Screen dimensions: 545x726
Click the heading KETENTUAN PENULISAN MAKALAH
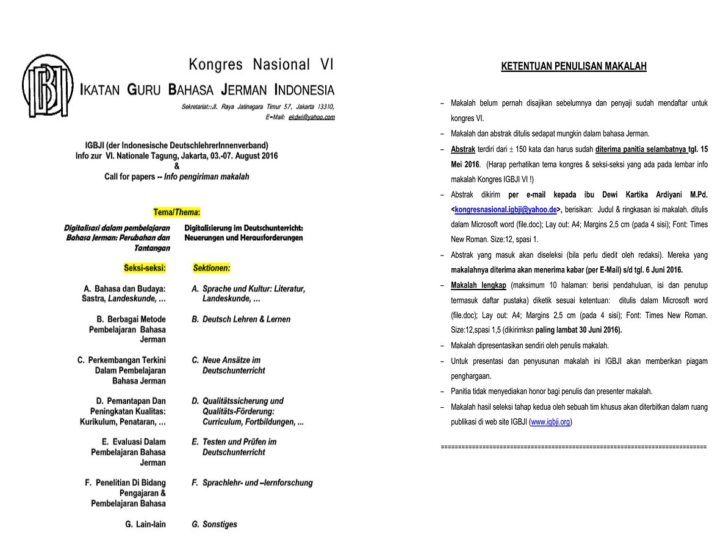coord(573,66)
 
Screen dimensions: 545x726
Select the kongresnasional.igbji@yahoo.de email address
coord(506,209)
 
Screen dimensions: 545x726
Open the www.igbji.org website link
coord(550,422)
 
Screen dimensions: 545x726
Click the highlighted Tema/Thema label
coord(177,213)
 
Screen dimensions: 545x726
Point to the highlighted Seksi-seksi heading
coord(145,268)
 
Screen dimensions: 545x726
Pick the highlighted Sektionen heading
coord(211,268)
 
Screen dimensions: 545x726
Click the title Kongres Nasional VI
coord(261,65)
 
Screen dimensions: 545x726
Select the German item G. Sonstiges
coord(214,524)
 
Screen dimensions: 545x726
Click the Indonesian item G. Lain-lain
coord(145,524)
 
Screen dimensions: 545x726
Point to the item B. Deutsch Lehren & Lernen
coord(241,319)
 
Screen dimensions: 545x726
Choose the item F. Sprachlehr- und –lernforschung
coord(252,483)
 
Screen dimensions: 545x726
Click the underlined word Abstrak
coord(463,149)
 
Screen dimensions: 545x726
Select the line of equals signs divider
coord(573,447)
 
